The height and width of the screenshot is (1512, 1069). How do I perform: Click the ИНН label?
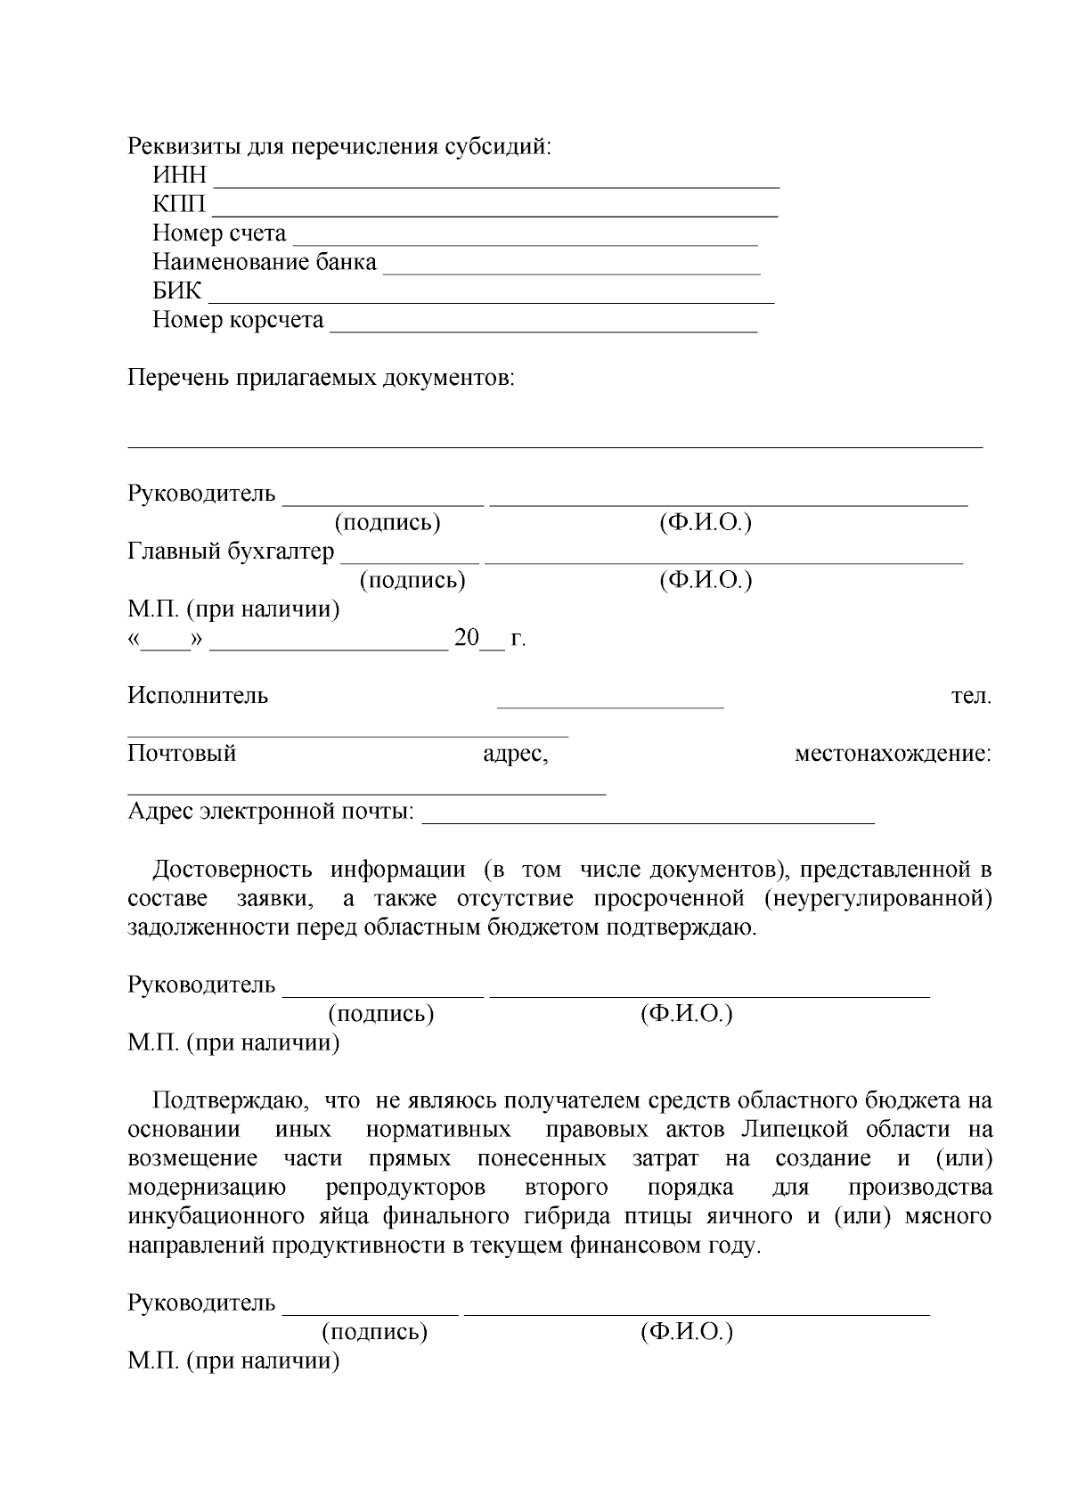pos(179,176)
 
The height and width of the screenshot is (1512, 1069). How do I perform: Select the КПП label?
pos(179,204)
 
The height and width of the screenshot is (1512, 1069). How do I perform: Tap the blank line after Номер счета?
pos(526,241)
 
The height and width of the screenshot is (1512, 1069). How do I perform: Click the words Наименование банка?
pos(265,262)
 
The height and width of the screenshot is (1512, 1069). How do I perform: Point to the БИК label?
pos(177,290)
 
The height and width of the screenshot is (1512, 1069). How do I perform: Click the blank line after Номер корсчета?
pos(543,328)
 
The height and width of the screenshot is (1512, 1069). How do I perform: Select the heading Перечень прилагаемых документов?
pos(322,378)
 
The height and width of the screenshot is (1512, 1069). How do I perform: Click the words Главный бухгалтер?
pos(231,552)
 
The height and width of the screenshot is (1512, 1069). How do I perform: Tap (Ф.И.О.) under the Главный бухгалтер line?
pos(706,580)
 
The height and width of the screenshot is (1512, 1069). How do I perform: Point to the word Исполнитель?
pos(198,695)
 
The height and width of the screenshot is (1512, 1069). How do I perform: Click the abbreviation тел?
pos(971,695)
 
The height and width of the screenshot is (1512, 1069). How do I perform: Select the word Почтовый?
pos(182,753)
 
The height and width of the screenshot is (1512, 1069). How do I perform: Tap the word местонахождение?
pos(893,754)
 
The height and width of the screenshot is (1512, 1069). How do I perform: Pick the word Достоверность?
pos(233,869)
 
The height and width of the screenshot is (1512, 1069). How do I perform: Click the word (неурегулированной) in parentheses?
pos(877,898)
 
